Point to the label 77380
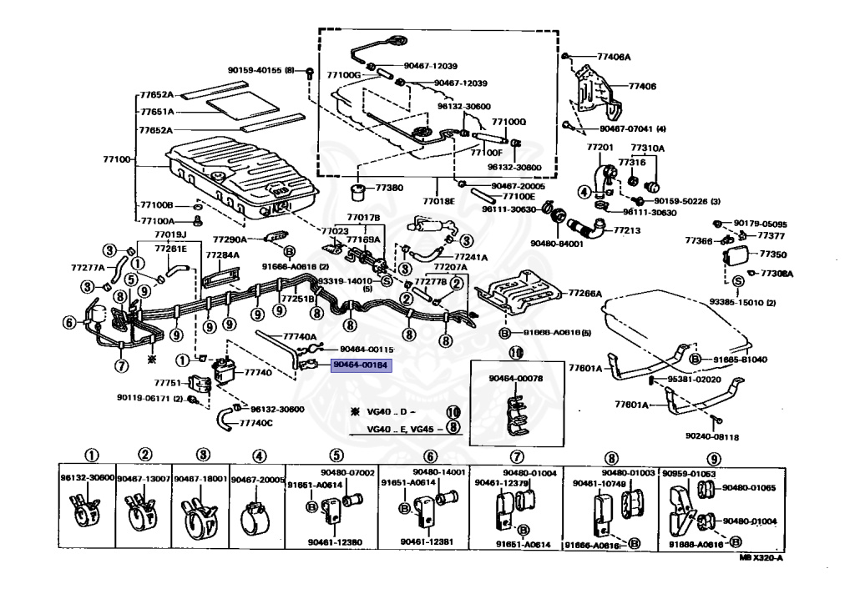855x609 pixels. tap(389, 189)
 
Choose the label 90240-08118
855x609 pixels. tap(714, 435)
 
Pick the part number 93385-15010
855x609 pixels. tap(740, 302)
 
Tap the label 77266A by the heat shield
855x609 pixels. tap(585, 294)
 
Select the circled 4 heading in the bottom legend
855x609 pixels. tap(258, 455)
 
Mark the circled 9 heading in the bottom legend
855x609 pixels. tap(714, 455)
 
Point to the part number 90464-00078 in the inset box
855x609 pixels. tap(516, 378)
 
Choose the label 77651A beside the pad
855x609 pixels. tap(157, 112)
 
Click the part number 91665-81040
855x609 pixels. tap(740, 359)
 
